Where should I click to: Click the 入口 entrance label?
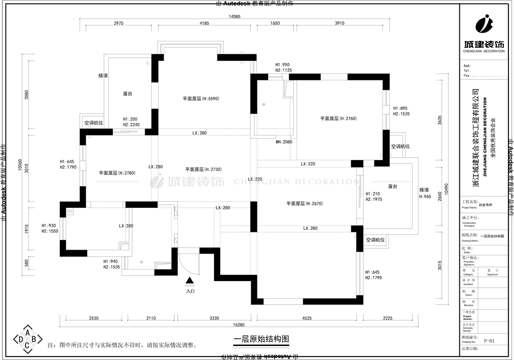(190, 291)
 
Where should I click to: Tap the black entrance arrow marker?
(190, 282)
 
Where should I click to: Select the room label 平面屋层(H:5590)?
(201, 99)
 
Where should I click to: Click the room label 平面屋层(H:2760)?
(338, 118)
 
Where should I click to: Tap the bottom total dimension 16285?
(239, 325)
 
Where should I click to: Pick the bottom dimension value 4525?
(307, 318)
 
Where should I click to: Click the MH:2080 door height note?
(284, 142)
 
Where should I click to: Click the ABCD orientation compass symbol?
(27, 339)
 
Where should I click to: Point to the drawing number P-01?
(489, 341)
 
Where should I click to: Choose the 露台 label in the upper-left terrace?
(128, 94)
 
